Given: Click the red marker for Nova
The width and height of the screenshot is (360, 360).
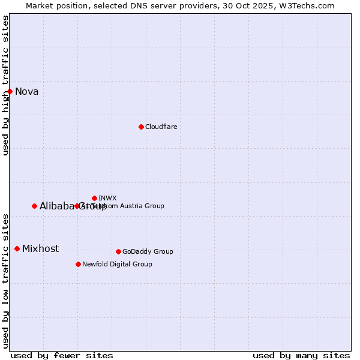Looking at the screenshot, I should point(10,91).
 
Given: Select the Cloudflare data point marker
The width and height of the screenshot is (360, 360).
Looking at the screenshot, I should point(141,127).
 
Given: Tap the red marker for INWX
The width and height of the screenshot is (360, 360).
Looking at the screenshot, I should point(95,198).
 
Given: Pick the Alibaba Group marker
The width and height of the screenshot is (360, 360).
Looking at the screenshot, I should point(34,206).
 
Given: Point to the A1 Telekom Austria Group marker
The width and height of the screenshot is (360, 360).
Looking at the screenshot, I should point(77,206).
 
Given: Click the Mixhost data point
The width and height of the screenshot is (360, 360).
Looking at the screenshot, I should point(17,248).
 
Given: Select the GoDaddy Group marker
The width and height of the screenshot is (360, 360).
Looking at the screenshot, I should point(118,251).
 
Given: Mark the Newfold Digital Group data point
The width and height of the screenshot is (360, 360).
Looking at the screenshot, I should point(78,264).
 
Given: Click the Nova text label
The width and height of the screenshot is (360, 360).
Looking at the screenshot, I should point(27,91).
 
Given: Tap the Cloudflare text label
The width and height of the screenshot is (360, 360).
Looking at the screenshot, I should point(161,127).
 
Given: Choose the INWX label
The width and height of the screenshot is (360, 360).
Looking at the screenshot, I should point(107,198).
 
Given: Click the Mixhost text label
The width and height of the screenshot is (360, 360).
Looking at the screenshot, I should point(40,248).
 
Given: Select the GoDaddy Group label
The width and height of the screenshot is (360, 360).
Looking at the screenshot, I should point(148,251).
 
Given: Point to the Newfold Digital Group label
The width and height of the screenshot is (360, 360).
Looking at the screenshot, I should point(117,264).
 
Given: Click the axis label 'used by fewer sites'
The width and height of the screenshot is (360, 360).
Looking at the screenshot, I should point(62,355).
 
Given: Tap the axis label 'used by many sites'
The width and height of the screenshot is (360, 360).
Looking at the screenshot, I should point(301,355).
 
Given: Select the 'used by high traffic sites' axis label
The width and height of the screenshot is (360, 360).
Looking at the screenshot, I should point(6,85).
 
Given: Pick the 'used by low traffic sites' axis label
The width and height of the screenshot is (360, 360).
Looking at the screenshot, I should point(6,280).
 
